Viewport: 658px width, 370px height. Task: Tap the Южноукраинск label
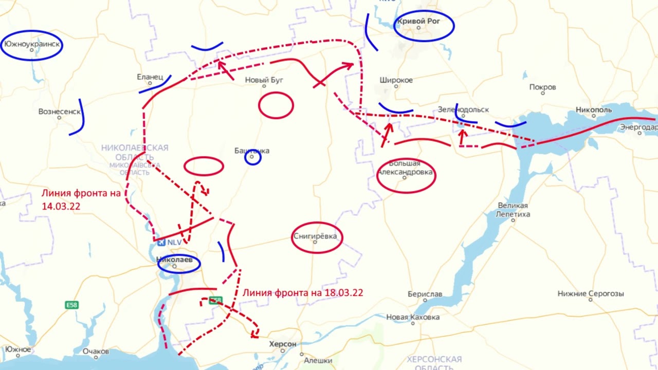32,44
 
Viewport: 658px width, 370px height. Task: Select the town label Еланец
150,77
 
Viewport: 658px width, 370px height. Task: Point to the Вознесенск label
60,112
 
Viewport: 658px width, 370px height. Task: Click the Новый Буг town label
264,80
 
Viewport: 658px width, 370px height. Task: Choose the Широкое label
396,80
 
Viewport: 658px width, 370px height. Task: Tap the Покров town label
542,87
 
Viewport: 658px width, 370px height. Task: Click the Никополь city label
594,110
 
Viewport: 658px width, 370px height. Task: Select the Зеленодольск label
463,110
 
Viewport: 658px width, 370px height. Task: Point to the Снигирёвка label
315,236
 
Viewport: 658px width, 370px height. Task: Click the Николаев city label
177,260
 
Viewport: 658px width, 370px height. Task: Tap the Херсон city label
283,344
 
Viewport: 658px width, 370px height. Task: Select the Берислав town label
425,294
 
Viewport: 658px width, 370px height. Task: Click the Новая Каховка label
413,318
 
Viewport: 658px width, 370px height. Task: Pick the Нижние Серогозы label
591,294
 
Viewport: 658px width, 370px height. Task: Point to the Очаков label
96,351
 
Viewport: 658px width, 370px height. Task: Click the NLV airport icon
162,242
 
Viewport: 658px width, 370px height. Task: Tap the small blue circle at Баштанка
252,157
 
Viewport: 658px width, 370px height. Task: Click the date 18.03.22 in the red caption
343,293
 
